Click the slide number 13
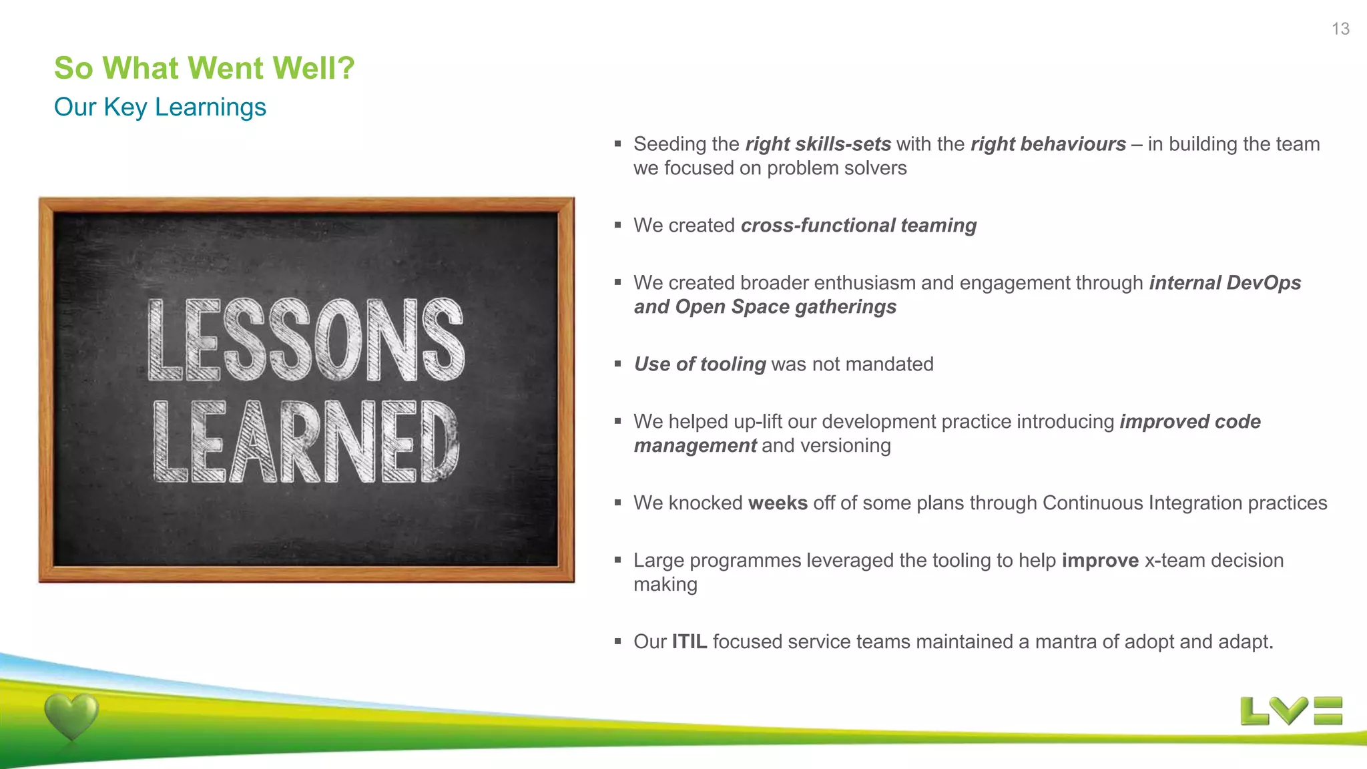pos(1340,29)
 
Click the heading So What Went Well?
pos(204,68)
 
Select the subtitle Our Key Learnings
pos(160,107)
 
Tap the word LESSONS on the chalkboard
pos(306,340)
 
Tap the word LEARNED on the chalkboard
pos(306,441)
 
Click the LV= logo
pos(1291,711)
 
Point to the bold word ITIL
pos(689,642)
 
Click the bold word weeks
pos(778,503)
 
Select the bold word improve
pos(1100,560)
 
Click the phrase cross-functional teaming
pos(858,226)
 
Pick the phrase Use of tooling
pos(700,364)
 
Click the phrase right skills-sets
pos(818,144)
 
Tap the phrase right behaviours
pos(1048,144)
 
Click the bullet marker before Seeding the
pos(618,144)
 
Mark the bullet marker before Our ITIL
pos(618,642)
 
